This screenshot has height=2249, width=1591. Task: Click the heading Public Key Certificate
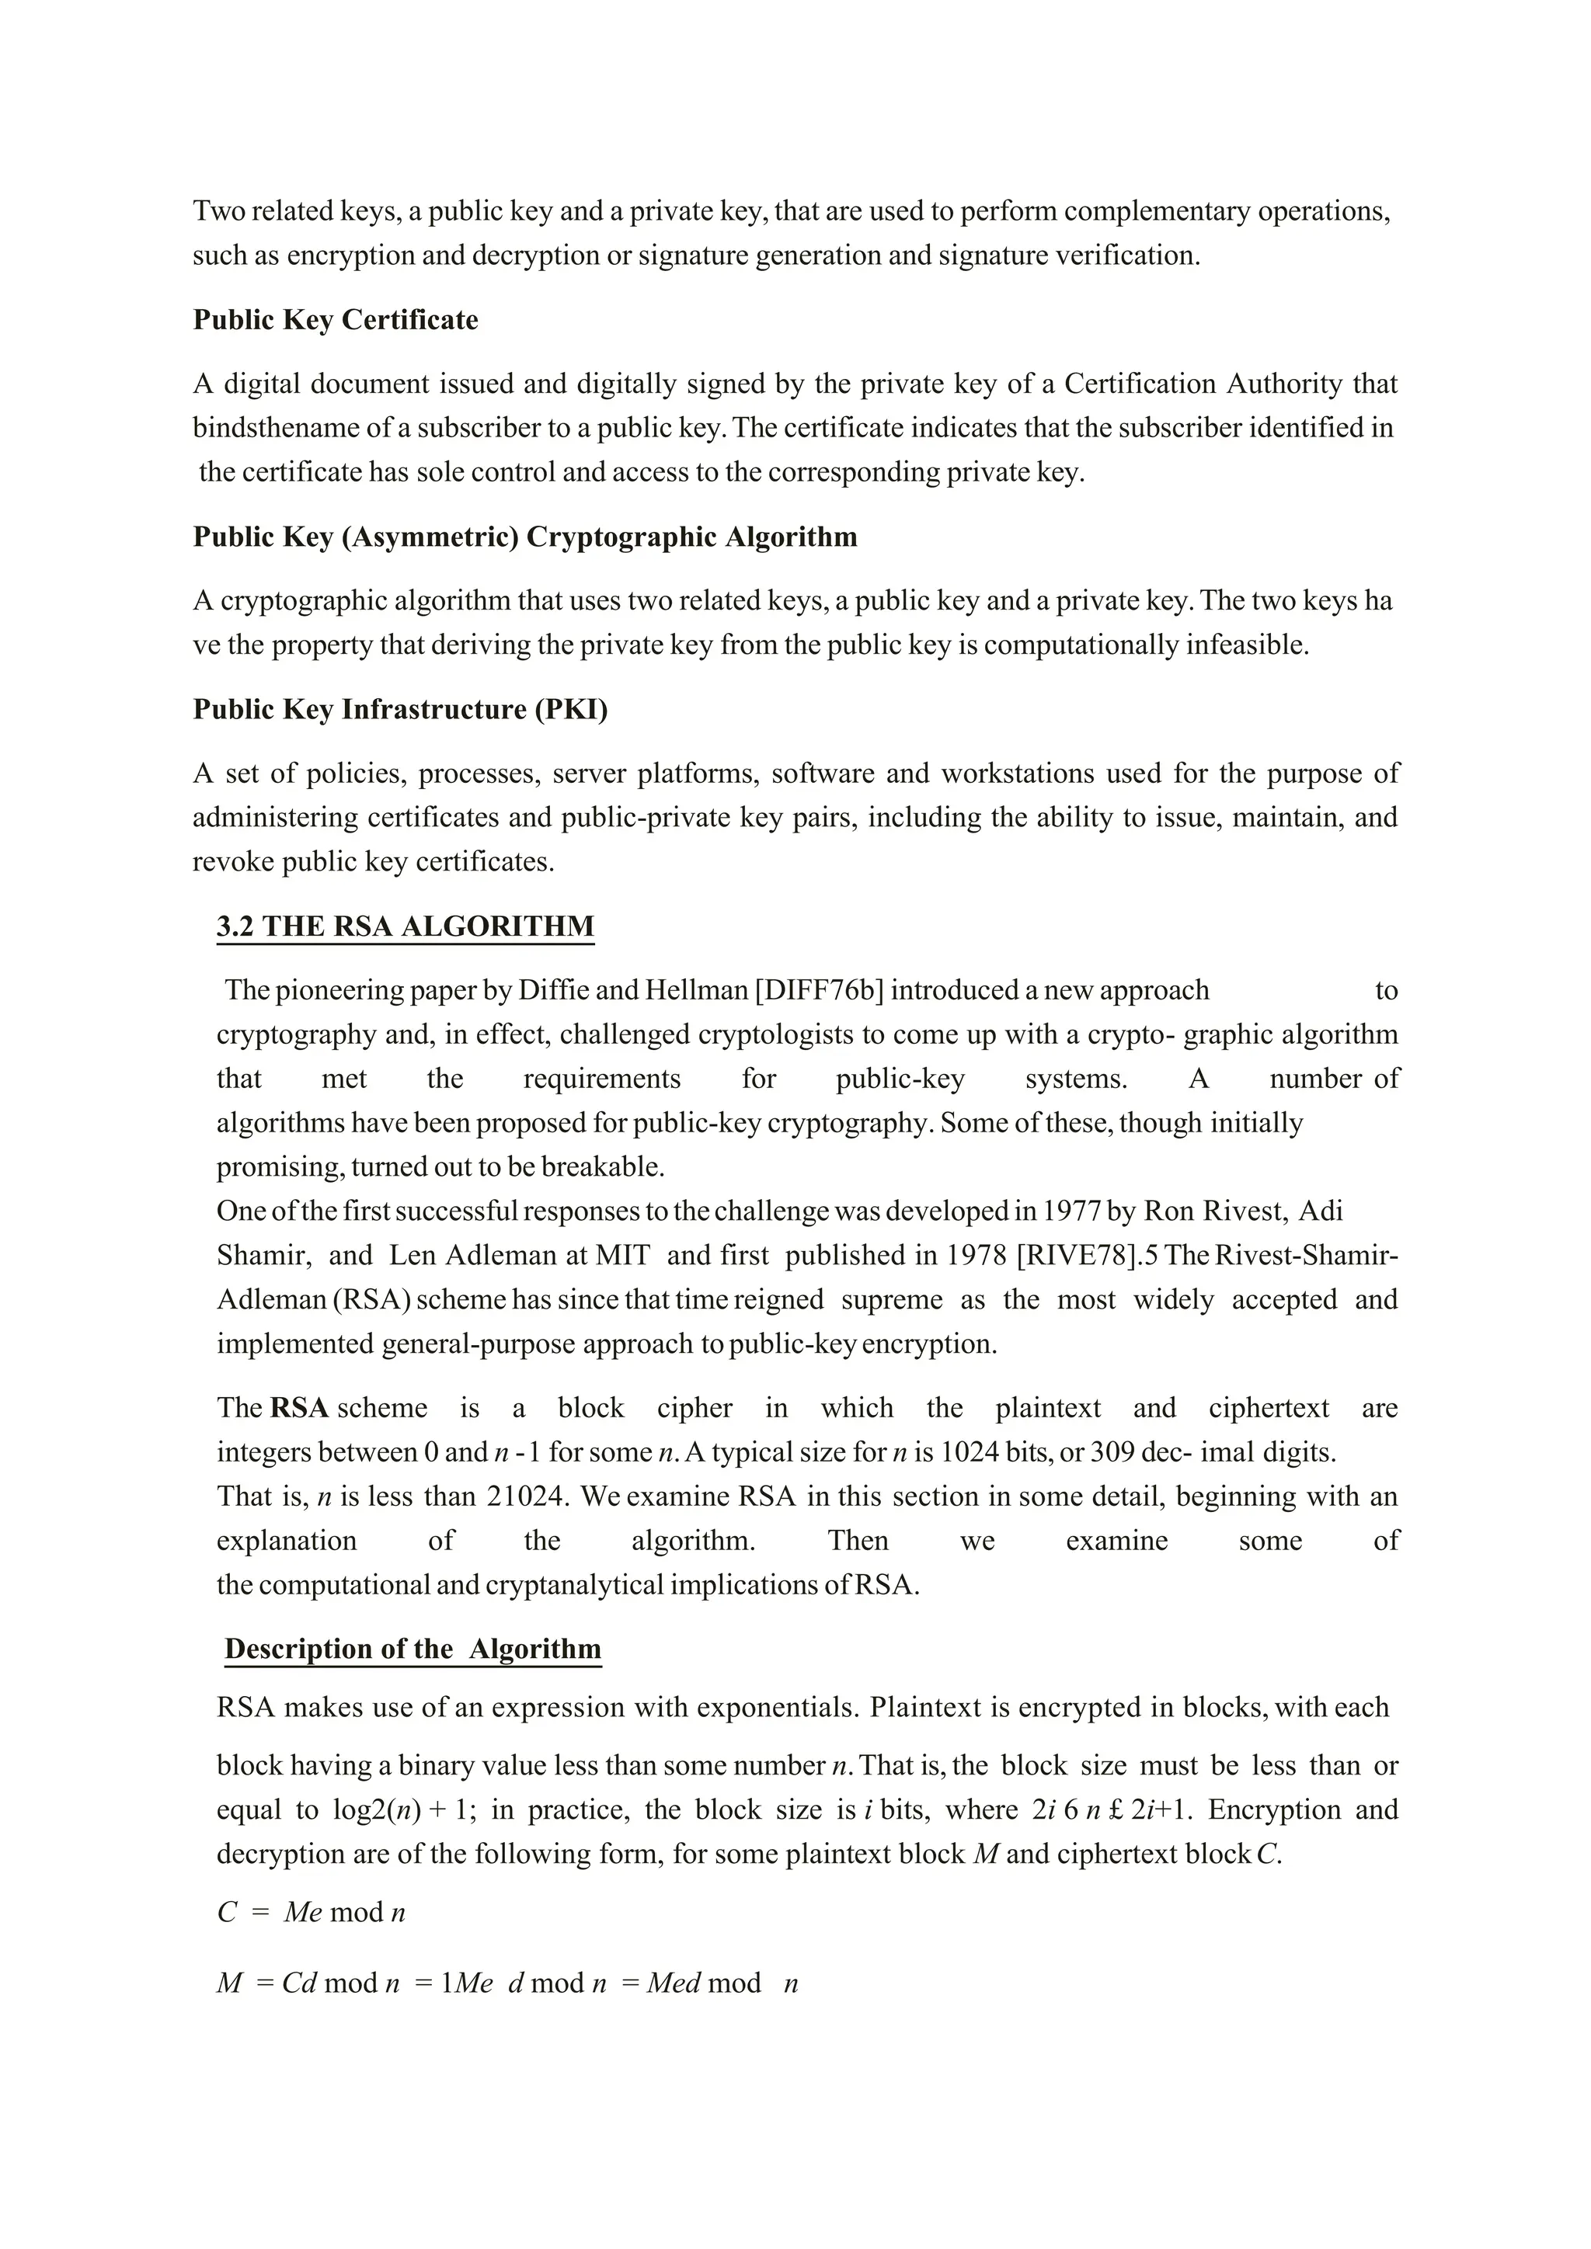pyautogui.click(x=335, y=320)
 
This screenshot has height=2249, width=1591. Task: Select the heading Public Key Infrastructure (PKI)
pyautogui.click(x=400, y=709)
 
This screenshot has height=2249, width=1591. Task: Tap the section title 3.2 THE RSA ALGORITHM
pyautogui.click(x=405, y=926)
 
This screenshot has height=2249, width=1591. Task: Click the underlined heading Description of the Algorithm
pyautogui.click(x=413, y=1649)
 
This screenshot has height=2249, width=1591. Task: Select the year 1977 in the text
pyautogui.click(x=1071, y=1211)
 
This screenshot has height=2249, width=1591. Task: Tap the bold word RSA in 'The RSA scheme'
pyautogui.click(x=299, y=1409)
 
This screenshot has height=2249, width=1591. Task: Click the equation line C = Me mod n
pyautogui.click(x=312, y=1912)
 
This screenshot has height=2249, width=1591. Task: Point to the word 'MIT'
pyautogui.click(x=623, y=1256)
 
